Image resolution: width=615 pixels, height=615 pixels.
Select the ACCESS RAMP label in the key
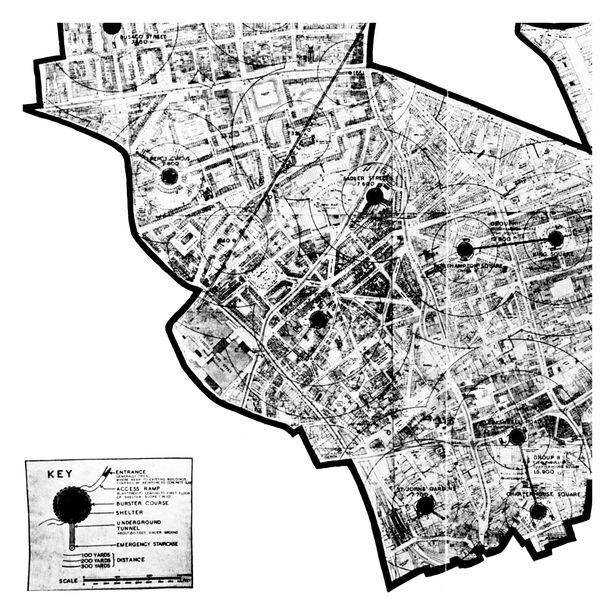coord(137,488)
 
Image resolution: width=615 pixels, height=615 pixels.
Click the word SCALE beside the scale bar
coord(68,581)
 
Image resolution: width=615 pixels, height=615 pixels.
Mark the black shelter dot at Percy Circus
coord(170,177)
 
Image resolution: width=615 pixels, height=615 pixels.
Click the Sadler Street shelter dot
coord(374,196)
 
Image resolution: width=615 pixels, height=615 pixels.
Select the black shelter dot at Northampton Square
coord(465,249)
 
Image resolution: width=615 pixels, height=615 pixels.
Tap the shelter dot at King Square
coord(555,238)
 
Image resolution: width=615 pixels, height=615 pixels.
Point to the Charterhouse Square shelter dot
coord(538,511)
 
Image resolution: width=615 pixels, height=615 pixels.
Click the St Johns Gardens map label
coord(419,489)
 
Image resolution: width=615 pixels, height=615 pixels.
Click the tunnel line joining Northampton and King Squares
coord(510,244)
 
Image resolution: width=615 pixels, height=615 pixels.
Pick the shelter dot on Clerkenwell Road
coord(516,437)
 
